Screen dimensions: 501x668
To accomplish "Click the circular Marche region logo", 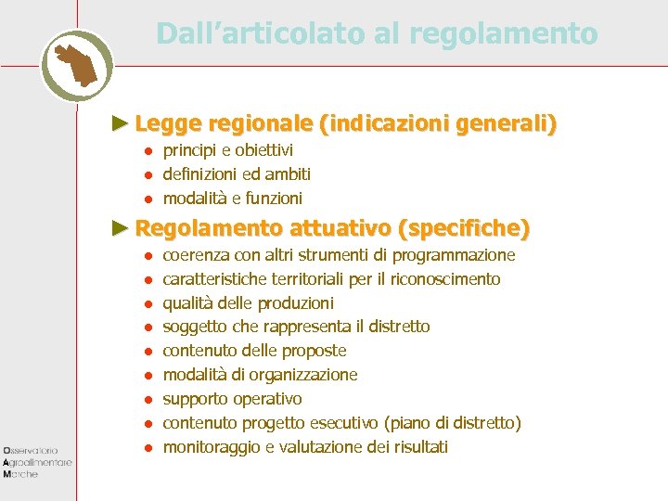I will tap(77, 65).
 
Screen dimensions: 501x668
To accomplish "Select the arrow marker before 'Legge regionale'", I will tap(119, 122).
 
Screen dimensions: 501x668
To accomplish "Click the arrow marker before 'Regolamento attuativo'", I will tap(119, 227).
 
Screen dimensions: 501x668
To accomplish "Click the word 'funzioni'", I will tap(274, 199).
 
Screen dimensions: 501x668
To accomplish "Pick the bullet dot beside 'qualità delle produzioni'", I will tap(147, 303).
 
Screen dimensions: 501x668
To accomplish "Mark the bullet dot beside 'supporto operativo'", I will tap(147, 400).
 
